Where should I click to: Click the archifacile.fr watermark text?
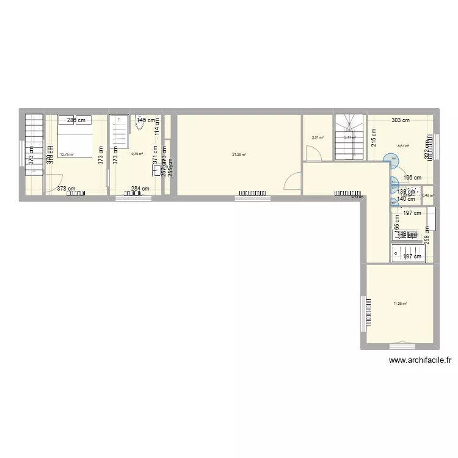click(420, 360)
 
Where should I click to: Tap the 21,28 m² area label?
click(239, 154)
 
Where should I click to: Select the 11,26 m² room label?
click(400, 304)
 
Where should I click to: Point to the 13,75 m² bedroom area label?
click(66, 154)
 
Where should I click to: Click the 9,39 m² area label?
click(137, 154)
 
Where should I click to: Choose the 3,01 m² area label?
click(318, 137)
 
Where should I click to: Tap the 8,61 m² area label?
click(403, 146)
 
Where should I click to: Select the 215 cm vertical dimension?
click(373, 139)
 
